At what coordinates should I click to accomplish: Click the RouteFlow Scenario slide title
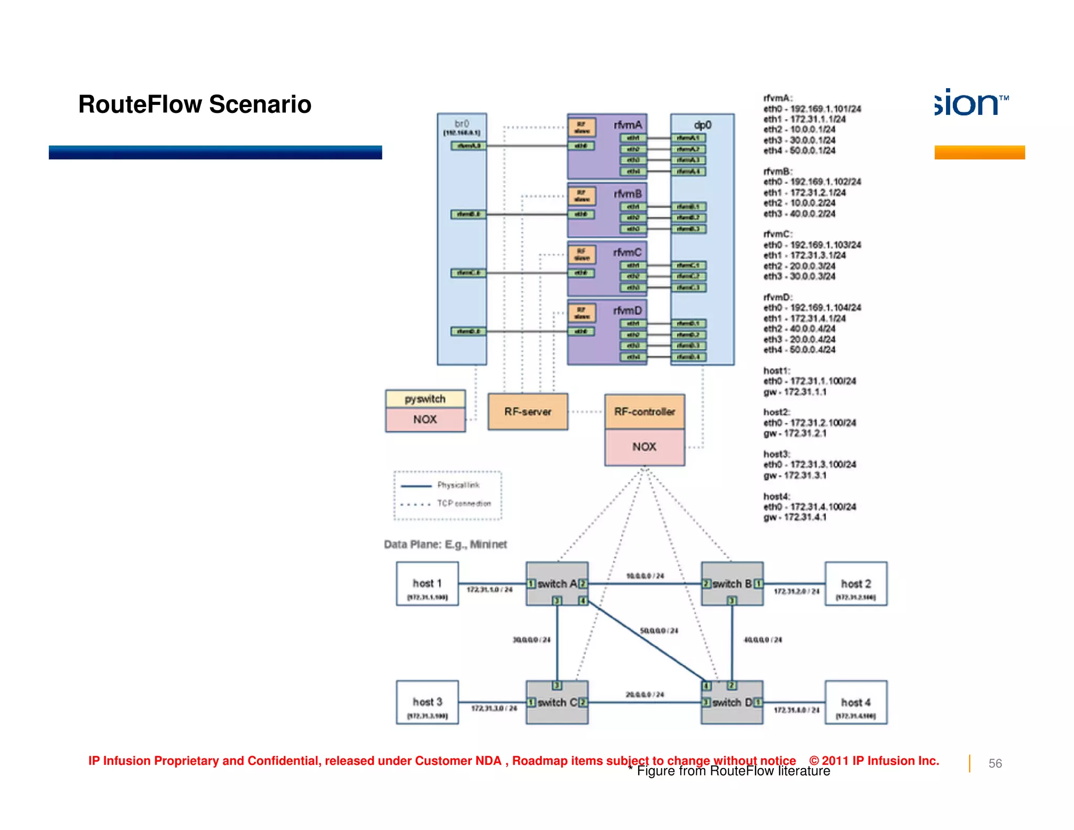pos(195,104)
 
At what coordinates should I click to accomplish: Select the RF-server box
pos(528,412)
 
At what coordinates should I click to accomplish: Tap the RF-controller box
pos(645,412)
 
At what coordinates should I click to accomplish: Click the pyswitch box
pos(425,399)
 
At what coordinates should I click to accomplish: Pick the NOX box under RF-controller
pos(645,447)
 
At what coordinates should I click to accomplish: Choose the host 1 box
pos(427,584)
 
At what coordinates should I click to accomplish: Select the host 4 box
pos(856,703)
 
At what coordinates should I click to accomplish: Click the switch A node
pos(557,583)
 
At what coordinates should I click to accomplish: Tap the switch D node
pos(732,703)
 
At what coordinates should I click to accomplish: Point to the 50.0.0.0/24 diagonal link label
pos(659,631)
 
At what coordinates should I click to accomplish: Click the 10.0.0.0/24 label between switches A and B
pos(645,576)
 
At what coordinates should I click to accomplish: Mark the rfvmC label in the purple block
pos(627,252)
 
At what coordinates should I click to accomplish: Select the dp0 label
pos(702,125)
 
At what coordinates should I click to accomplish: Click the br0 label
pos(461,124)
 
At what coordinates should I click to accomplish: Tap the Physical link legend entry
pos(458,485)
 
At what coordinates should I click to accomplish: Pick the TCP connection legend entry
pos(464,504)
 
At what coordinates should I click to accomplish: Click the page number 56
pos(995,763)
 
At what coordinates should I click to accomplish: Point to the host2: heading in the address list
pos(777,412)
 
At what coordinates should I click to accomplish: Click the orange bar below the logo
pos(979,152)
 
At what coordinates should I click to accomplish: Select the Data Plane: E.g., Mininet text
pos(445,545)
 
